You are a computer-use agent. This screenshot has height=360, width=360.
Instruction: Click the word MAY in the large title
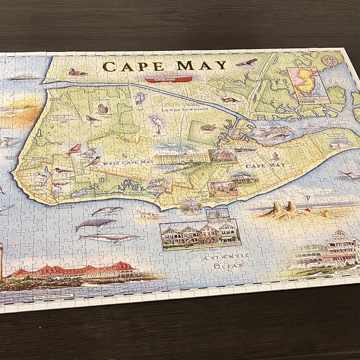coord(201,66)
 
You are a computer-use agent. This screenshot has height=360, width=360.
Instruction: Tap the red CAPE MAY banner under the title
coord(167,80)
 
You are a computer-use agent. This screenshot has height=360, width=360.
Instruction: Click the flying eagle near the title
coord(247,63)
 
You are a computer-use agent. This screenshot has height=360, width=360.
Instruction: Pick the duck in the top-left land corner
coord(78,72)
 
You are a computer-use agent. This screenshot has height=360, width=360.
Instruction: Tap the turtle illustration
coord(207,127)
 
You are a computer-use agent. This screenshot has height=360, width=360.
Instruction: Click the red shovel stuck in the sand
coord(306,203)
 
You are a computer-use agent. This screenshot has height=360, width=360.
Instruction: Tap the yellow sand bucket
coord(324,213)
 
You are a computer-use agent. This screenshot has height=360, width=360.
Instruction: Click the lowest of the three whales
coord(109,237)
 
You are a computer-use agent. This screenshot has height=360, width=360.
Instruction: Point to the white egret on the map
coord(156,123)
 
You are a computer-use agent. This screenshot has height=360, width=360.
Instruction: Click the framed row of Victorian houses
coord(200,236)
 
